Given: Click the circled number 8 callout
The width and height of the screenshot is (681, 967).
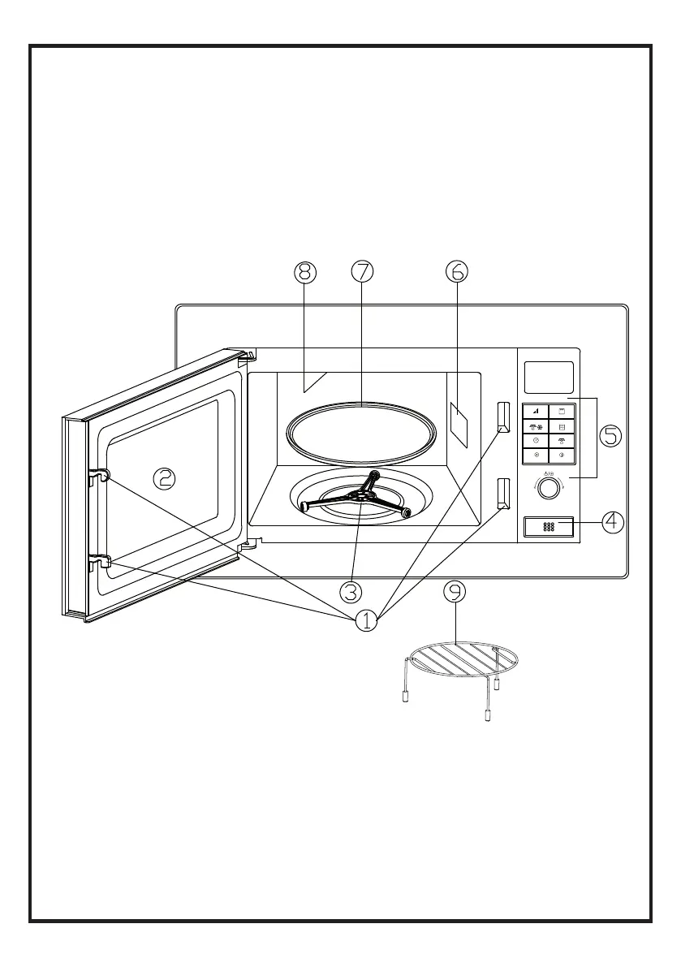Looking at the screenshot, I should pyautogui.click(x=305, y=273).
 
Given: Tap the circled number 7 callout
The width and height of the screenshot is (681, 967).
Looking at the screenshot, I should pyautogui.click(x=362, y=273).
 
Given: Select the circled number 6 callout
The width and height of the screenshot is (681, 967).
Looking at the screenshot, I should pyautogui.click(x=456, y=273).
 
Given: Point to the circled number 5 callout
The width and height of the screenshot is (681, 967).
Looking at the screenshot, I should pyautogui.click(x=610, y=436).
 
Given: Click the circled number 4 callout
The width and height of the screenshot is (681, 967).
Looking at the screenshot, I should pyautogui.click(x=614, y=522).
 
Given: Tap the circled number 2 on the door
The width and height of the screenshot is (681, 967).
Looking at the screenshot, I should pyautogui.click(x=165, y=478).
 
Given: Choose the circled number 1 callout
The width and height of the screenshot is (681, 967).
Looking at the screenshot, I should pyautogui.click(x=366, y=621).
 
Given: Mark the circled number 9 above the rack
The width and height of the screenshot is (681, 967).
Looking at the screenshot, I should pyautogui.click(x=455, y=593).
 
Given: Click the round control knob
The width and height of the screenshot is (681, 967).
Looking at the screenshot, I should pyautogui.click(x=549, y=487).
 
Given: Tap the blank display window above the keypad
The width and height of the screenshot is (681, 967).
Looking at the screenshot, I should pyautogui.click(x=549, y=377).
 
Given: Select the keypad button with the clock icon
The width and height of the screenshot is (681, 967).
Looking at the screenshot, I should pyautogui.click(x=536, y=440).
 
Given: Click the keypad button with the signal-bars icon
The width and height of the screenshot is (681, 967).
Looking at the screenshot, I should pyautogui.click(x=536, y=412).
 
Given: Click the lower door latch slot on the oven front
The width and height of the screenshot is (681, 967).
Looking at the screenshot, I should pyautogui.click(x=502, y=493).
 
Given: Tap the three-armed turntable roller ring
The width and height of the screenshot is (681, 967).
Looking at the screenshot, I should pyautogui.click(x=355, y=497).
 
